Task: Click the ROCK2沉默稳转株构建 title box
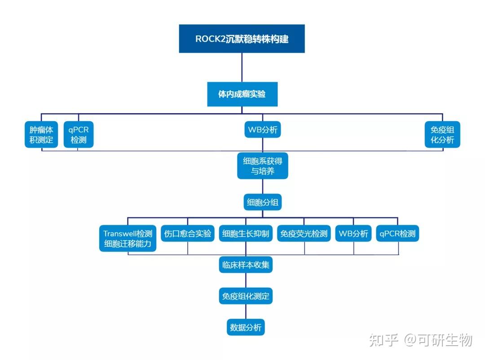tap(242, 39)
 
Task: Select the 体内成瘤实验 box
tap(242, 94)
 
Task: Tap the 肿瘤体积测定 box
tap(41, 135)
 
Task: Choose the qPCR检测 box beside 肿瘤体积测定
tap(79, 135)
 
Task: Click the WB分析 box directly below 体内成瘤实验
tap(263, 131)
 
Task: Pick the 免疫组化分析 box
tap(442, 135)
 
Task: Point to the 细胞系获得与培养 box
tap(263, 166)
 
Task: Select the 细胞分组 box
tap(263, 202)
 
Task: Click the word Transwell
tap(120, 233)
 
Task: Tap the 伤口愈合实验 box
tap(188, 234)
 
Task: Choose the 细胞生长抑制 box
tap(246, 234)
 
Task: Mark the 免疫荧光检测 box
tap(304, 234)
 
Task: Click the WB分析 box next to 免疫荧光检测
tap(353, 234)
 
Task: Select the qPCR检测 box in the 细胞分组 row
tap(397, 234)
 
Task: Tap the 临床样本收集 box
tap(246, 265)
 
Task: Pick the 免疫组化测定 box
tap(246, 296)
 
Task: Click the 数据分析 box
tap(246, 327)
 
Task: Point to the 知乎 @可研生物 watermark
tap(420, 340)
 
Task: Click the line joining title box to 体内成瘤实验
tap(242, 67)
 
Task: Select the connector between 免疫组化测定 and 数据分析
tap(246, 312)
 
